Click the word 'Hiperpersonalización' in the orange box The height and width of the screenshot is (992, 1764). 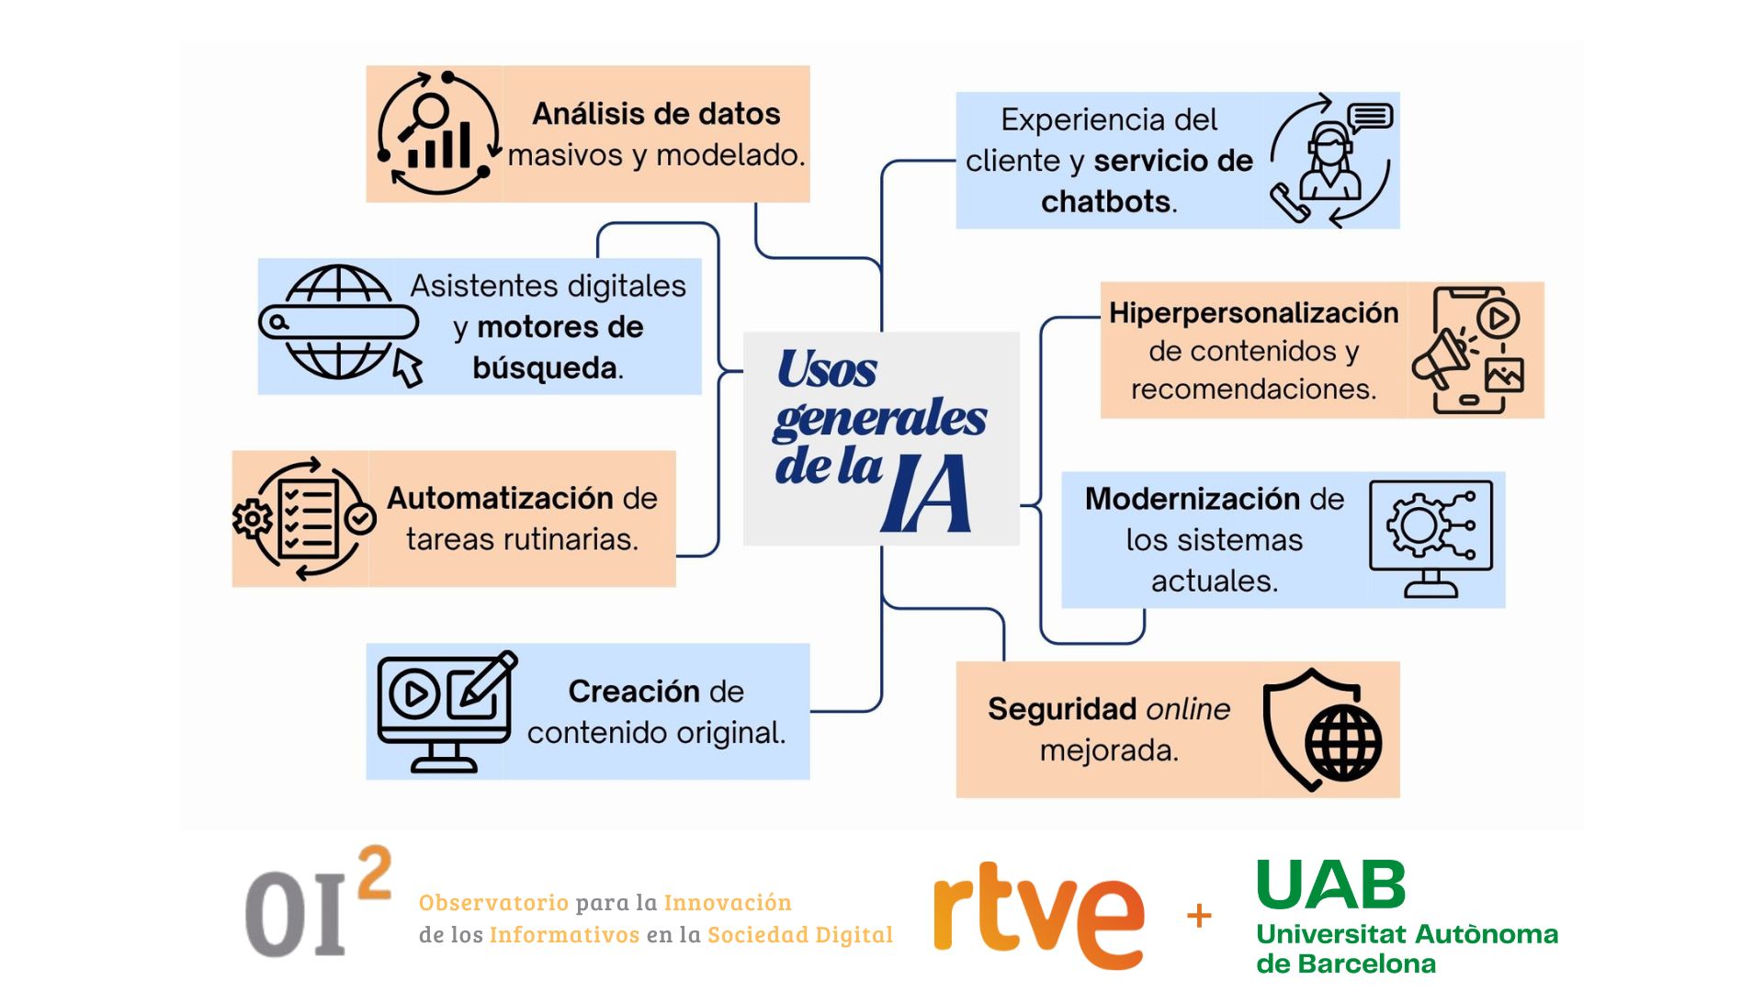1253,313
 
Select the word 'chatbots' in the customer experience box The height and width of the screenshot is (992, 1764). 1106,201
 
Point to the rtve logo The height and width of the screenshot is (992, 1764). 1039,915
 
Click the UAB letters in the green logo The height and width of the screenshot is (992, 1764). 1331,885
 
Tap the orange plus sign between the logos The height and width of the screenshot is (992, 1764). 1199,916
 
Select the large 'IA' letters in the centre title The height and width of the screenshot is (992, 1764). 926,493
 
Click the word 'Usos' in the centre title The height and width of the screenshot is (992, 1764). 827,369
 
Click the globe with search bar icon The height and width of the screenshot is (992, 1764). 340,324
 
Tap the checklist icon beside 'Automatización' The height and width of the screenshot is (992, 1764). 305,519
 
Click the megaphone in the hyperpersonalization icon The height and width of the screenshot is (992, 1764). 1442,357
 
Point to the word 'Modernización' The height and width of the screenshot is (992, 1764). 1193,499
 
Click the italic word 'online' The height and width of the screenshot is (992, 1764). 1188,709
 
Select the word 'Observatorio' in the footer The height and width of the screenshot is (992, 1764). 493,902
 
